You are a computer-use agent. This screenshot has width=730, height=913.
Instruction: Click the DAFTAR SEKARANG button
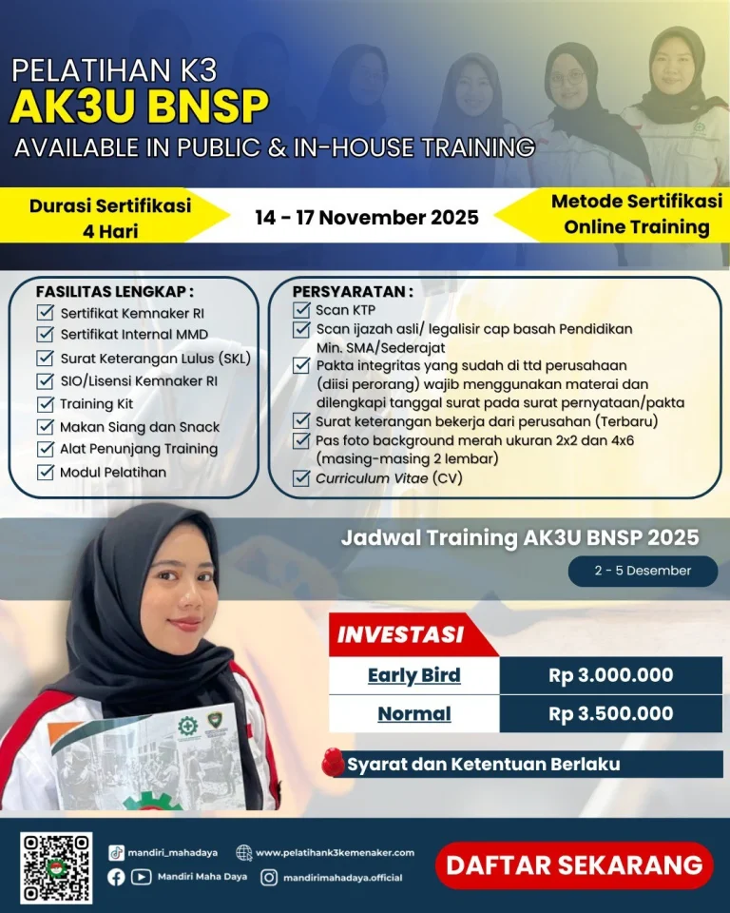[x=574, y=865]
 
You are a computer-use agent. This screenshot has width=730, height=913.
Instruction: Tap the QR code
[x=56, y=867]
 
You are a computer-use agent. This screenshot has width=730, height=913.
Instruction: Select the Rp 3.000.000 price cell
[x=610, y=675]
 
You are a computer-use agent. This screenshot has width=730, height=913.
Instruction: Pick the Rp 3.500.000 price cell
[x=610, y=713]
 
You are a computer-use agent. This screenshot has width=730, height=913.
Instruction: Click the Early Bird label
[x=413, y=675]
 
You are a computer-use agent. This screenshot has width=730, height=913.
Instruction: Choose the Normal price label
[x=413, y=713]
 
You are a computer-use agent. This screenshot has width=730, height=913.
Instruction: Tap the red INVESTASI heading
[x=401, y=633]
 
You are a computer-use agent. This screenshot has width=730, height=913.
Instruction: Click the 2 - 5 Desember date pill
[x=643, y=571]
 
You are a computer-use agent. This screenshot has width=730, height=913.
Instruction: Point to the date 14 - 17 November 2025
[x=367, y=217]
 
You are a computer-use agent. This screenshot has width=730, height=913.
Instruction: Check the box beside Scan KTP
[x=301, y=310]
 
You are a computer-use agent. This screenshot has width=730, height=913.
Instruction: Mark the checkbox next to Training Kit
[x=45, y=404]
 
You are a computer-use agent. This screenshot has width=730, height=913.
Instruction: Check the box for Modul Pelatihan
[x=45, y=473]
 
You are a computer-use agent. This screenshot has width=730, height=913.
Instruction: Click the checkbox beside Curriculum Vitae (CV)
[x=301, y=478]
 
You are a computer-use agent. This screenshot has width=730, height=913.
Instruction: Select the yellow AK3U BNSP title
[x=139, y=107]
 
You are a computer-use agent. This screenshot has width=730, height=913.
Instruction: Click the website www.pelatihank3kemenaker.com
[x=334, y=852]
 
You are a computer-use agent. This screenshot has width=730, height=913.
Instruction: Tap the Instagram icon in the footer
[x=269, y=878]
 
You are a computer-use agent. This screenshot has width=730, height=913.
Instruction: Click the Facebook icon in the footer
[x=116, y=878]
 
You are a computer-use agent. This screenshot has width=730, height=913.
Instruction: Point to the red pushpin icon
[x=332, y=763]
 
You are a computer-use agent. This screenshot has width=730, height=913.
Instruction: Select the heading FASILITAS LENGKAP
[x=115, y=291]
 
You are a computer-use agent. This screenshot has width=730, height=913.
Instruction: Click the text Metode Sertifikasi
[x=636, y=202]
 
